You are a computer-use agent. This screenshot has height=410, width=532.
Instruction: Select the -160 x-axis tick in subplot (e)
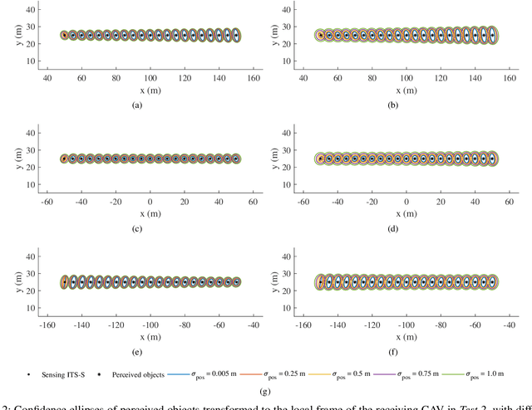30,324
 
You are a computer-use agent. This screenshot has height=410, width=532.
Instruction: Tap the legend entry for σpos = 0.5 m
353,363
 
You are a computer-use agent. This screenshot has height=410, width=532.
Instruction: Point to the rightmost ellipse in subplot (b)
492,36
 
